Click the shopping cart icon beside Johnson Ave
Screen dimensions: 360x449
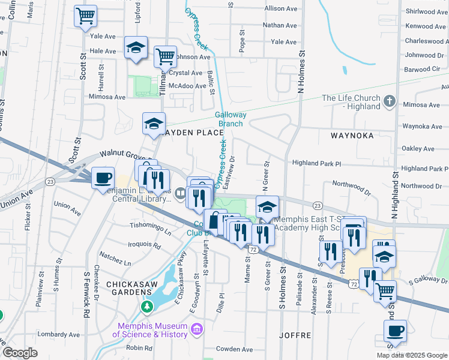tap(165, 57)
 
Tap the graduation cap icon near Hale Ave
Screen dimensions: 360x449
tap(136, 47)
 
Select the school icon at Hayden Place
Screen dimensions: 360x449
tap(154, 124)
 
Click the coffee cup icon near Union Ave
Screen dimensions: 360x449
tap(103, 178)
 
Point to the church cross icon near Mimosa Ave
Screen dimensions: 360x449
tap(390, 102)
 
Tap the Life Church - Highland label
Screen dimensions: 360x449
tap(351, 102)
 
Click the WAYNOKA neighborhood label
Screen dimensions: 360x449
tap(352, 136)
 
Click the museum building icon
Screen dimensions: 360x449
tap(196, 329)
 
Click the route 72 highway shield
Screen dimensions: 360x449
tap(254, 248)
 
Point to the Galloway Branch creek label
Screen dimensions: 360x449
tap(230, 119)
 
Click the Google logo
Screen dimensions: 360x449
tap(20, 353)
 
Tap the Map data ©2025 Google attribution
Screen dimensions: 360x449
tap(411, 355)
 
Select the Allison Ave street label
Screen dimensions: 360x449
tap(281, 9)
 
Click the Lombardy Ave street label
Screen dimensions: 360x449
tap(58, 334)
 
